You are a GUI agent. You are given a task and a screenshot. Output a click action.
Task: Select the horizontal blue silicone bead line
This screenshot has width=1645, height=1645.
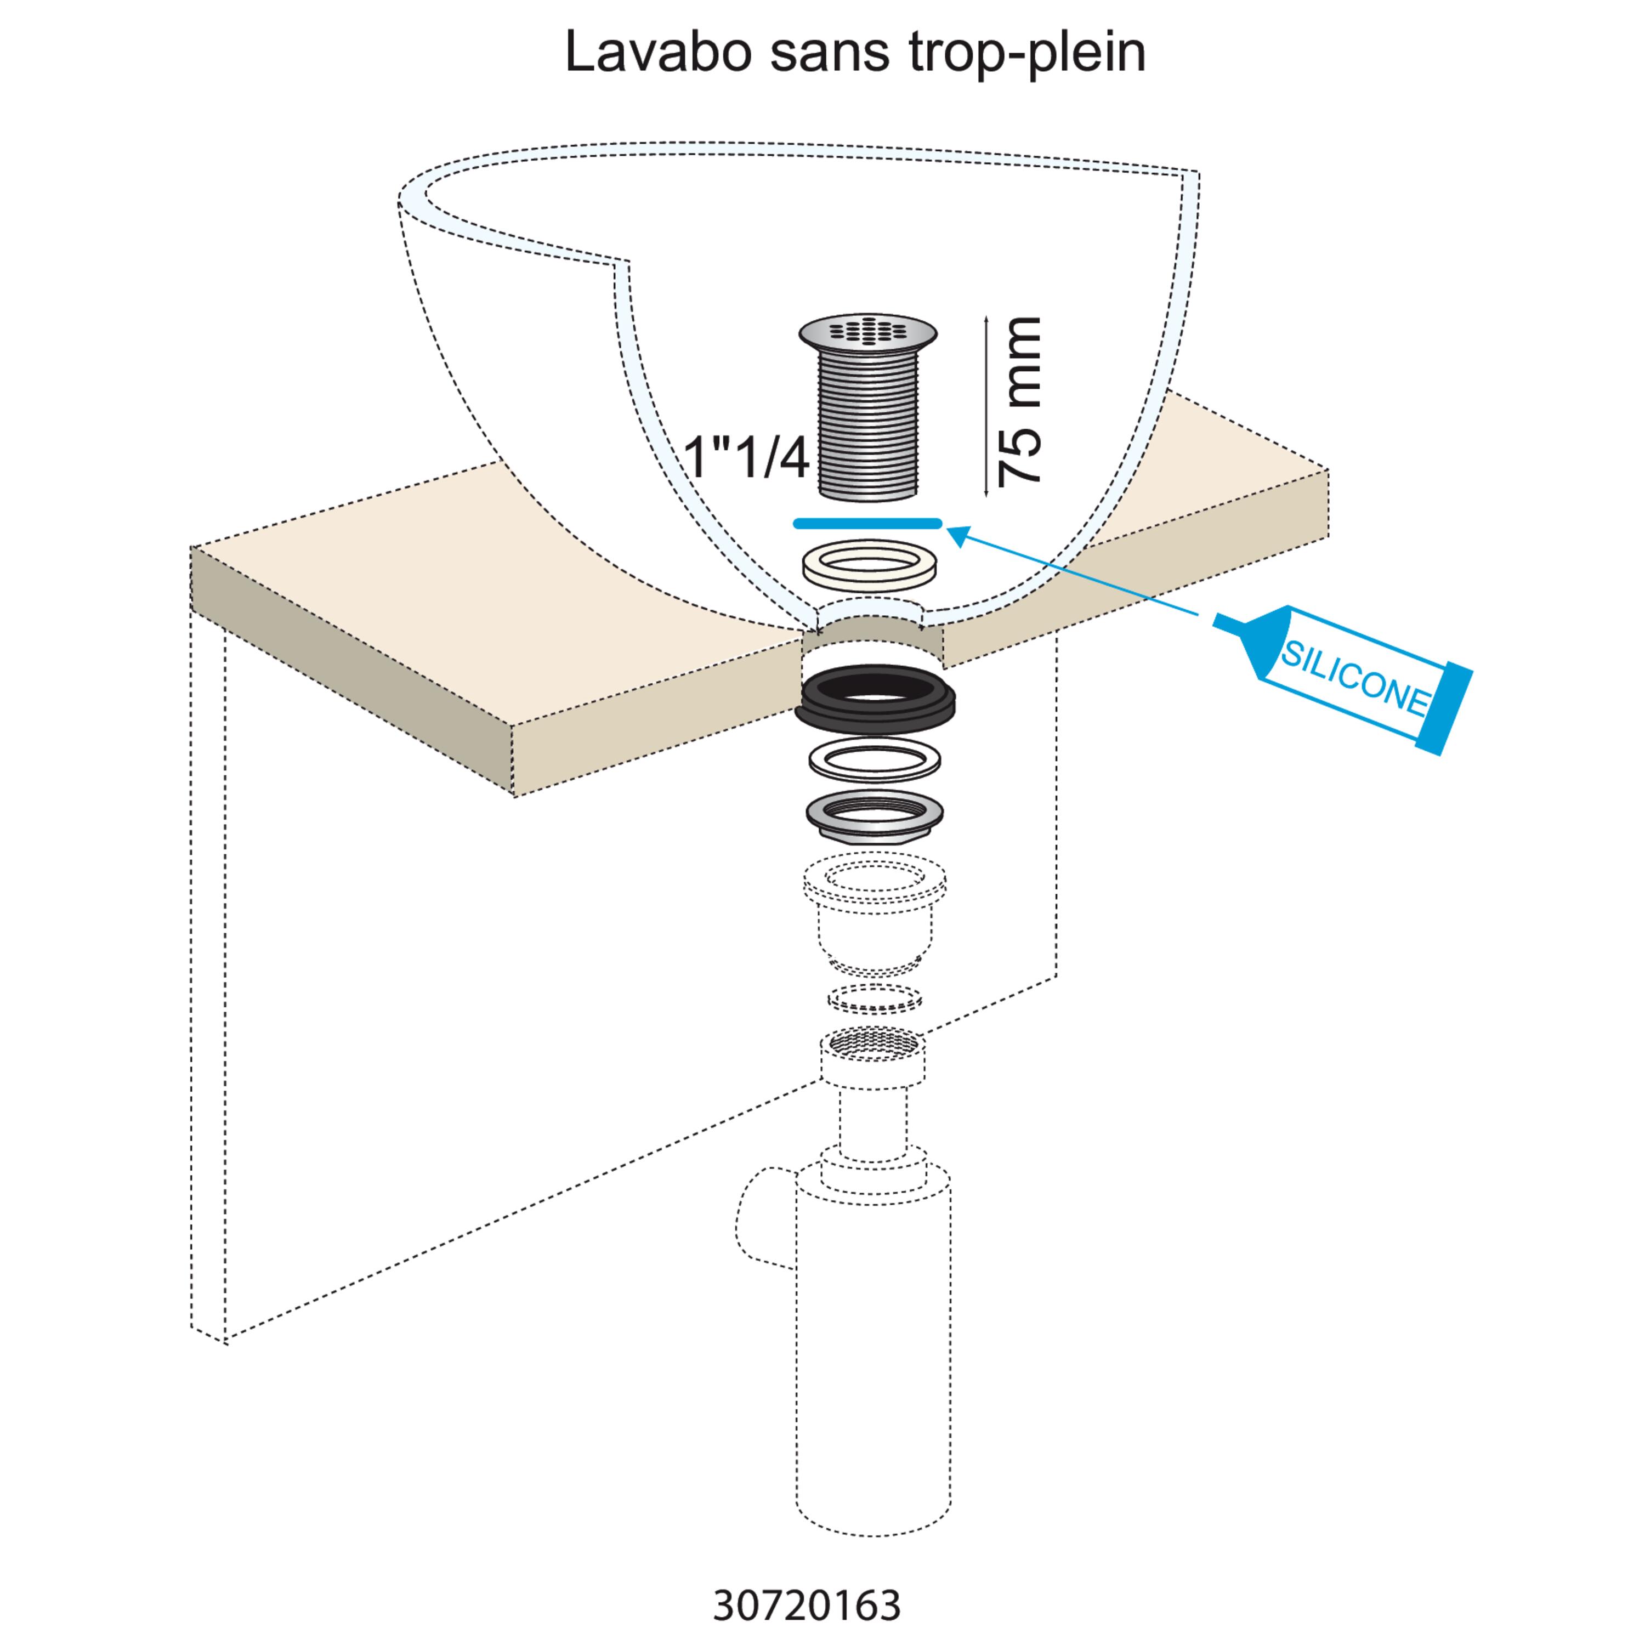click(867, 524)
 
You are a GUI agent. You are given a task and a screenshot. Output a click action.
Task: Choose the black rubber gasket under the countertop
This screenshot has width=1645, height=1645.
click(875, 698)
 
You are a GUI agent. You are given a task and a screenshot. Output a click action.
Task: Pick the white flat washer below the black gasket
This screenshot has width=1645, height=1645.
click(875, 758)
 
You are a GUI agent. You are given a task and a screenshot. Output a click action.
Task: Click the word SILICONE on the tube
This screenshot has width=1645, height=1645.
click(1354, 678)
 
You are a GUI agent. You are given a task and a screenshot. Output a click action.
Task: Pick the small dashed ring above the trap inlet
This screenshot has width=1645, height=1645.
click(875, 999)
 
